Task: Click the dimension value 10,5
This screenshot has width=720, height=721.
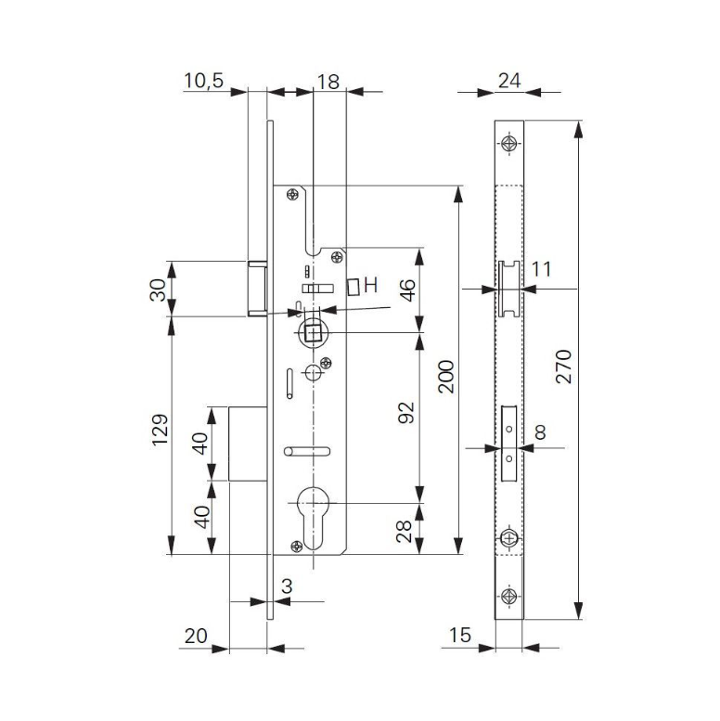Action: pos(203,81)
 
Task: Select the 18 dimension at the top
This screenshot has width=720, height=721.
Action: pos(328,81)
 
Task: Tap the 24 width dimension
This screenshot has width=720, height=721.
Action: pos(508,81)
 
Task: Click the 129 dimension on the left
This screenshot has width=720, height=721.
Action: pos(159,431)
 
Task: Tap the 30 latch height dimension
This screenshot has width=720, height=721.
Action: pos(159,290)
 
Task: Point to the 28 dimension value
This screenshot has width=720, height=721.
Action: pos(405,532)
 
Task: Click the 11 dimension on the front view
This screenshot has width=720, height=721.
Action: pos(542,270)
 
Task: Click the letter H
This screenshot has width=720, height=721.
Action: pos(370,286)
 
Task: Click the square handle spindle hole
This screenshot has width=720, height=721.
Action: pos(313,331)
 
